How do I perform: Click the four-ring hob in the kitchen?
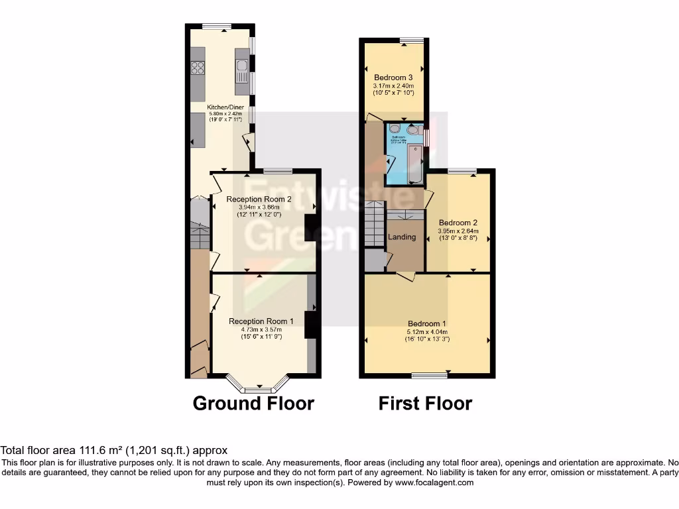point(198,67)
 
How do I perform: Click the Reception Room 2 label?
point(259,199)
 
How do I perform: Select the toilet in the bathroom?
point(394,130)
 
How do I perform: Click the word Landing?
point(402,237)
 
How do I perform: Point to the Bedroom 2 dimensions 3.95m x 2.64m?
point(458,231)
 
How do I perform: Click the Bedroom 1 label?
point(428,324)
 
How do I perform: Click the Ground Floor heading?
point(253,403)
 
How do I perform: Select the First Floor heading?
point(425,403)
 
